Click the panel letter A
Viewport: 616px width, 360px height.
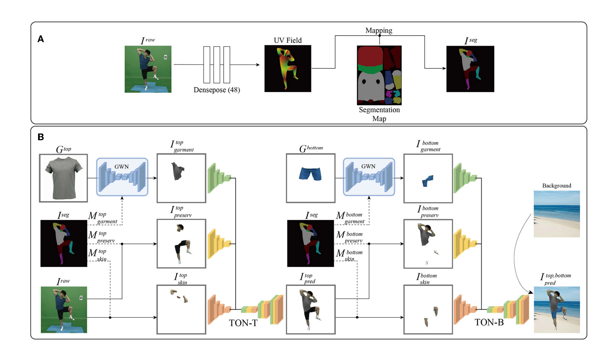pos(41,39)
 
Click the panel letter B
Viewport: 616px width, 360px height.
pos(41,137)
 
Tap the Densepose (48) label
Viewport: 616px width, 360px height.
pos(217,90)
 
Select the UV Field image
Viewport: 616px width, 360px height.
pos(288,69)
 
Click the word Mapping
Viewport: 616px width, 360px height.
pos(378,31)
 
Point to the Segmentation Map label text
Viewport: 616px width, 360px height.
pos(379,114)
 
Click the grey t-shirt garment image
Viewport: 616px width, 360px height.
pos(64,178)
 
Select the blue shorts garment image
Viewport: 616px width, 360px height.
pos(311,178)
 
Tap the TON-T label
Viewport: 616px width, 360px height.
pos(243,323)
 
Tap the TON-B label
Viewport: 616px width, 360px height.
pos(489,322)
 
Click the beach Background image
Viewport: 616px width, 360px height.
pos(557,214)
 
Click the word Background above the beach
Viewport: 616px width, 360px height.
pos(557,186)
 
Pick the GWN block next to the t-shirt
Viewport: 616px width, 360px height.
pos(122,177)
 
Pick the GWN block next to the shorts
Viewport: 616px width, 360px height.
pos(369,177)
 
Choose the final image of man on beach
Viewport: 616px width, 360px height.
pos(557,310)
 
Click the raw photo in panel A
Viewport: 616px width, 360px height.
pos(148,69)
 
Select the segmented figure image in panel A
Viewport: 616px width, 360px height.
pos(470,69)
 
